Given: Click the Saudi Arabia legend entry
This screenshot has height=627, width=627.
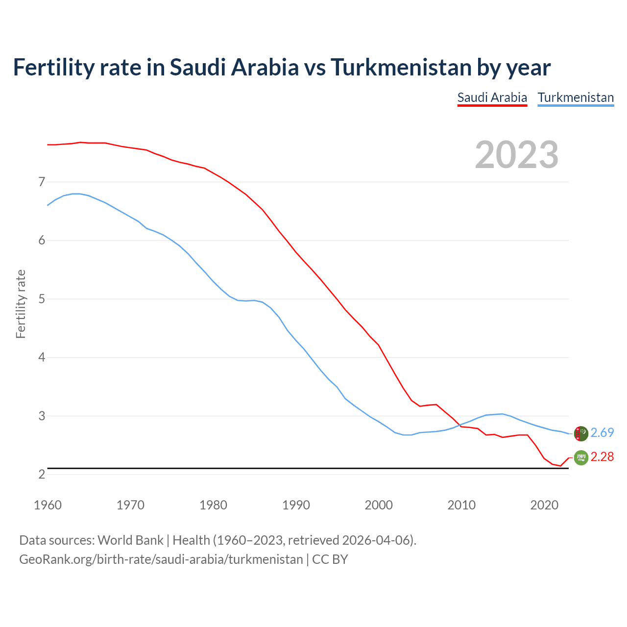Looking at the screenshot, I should coord(492,97).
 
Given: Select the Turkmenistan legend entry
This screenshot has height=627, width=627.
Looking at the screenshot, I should coord(576,97).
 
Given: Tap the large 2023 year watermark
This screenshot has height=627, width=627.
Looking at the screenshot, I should coord(517,155).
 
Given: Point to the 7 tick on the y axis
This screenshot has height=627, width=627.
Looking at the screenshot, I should coord(42,182).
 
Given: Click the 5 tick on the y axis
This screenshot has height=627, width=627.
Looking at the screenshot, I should coord(42,299).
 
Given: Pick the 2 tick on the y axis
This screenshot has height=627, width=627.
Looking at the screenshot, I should coord(42,474).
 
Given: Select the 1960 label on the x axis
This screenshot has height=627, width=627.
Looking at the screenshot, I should coord(48,505).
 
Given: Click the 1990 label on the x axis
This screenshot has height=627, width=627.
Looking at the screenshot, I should coord(296,505).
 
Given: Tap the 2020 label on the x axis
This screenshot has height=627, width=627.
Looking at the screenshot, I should coord(544,505).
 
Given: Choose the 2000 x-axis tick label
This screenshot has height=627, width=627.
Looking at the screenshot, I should coord(379,505).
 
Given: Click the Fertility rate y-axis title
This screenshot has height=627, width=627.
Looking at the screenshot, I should coord(21,304).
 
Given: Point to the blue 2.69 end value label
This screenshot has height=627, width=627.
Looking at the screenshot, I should coord(602,433).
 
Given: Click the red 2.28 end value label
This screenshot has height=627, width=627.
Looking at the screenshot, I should coord(602,457).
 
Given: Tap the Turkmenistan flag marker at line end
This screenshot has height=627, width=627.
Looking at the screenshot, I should coord(581,434).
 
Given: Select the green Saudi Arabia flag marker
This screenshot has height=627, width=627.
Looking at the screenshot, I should coord(581,458).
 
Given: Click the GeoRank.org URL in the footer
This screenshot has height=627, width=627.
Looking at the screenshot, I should coord(161,559).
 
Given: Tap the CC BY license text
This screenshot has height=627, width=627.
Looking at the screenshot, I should coord(330,559).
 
